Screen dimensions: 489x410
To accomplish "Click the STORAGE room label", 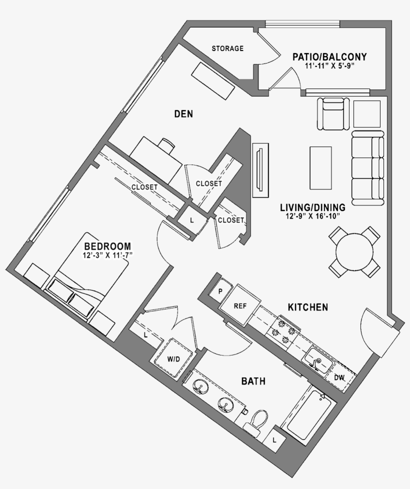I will click(227, 48).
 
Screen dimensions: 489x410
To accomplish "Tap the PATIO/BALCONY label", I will click(329, 56).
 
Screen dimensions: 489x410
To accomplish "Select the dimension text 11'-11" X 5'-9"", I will click(329, 66).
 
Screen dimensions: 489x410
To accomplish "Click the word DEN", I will click(183, 114).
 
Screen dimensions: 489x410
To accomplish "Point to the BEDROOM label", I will click(107, 246).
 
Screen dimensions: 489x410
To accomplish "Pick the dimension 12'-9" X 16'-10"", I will click(312, 216).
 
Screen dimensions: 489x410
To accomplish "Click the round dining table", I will click(354, 252).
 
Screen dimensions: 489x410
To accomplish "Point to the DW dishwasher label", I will click(339, 377).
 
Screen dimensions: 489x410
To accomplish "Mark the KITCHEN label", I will click(307, 307).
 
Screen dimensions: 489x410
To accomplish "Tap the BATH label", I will click(253, 381).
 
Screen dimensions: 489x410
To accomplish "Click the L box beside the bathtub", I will click(275, 440).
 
